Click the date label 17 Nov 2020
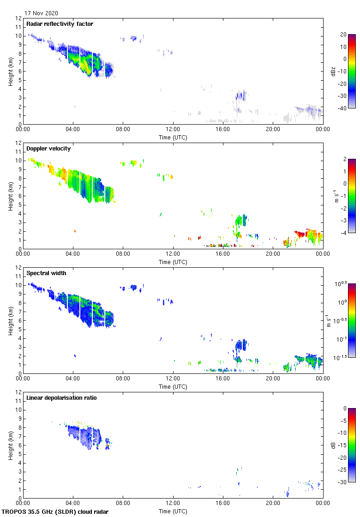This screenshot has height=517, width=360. (42, 13)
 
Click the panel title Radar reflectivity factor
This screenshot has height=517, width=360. (60, 24)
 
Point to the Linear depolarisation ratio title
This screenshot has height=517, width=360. (61, 397)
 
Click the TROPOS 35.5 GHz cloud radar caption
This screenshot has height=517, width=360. (55, 512)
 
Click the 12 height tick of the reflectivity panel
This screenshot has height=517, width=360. (18, 18)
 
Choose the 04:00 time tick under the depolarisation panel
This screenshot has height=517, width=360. (73, 504)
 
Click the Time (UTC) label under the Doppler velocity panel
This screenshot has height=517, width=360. (173, 262)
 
